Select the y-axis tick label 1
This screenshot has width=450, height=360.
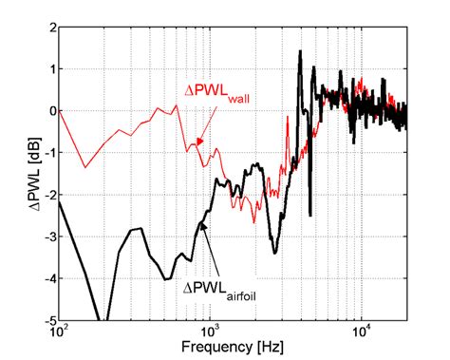[x=49, y=69]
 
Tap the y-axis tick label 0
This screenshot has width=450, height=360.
[x=49, y=111]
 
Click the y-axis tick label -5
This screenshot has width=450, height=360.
[x=47, y=320]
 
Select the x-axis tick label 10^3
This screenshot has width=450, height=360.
[x=210, y=333]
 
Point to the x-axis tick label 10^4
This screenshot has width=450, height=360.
[x=361, y=333]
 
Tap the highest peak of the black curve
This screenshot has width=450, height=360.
[x=300, y=51]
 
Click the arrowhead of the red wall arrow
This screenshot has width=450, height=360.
[x=197, y=142]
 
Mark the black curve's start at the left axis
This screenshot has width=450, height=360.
[x=60, y=201]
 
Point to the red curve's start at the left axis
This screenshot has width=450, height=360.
[x=60, y=111]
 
